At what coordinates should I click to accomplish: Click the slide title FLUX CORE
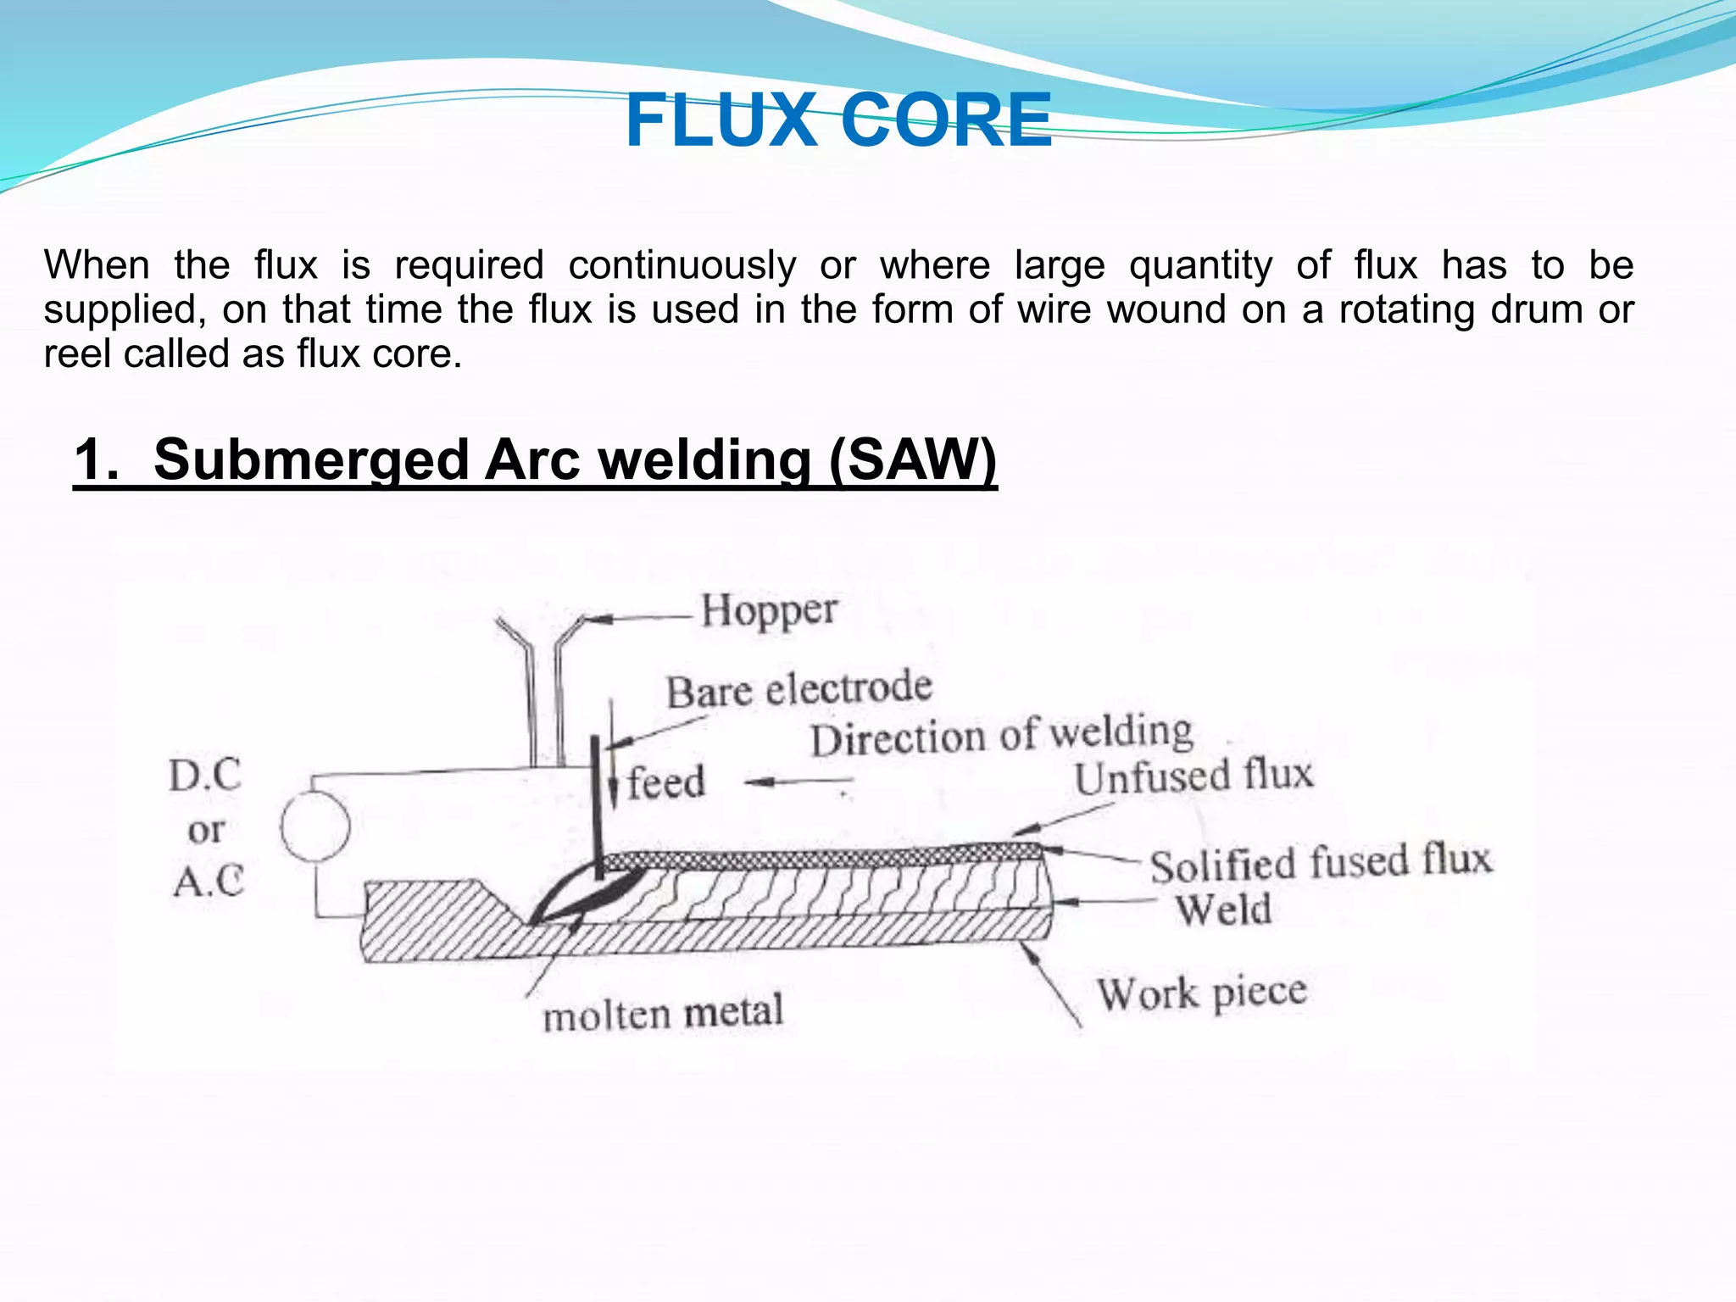click(x=838, y=121)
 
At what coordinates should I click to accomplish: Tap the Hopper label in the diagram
click(x=769, y=610)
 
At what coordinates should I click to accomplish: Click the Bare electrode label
click(x=798, y=689)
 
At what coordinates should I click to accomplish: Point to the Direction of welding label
click(x=1001, y=735)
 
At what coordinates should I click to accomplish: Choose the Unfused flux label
click(x=1193, y=776)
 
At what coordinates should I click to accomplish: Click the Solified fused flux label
click(x=1320, y=863)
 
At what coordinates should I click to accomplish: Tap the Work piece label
click(x=1201, y=993)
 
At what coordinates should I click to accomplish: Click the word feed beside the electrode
click(x=666, y=782)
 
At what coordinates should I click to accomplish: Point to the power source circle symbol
click(x=315, y=826)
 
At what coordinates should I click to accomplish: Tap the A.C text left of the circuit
click(x=209, y=882)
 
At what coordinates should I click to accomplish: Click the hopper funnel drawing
click(x=542, y=678)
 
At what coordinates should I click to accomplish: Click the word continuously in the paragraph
click(x=682, y=265)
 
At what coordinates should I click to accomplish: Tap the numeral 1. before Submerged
click(x=97, y=459)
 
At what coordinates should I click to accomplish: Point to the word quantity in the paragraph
click(x=1200, y=265)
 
